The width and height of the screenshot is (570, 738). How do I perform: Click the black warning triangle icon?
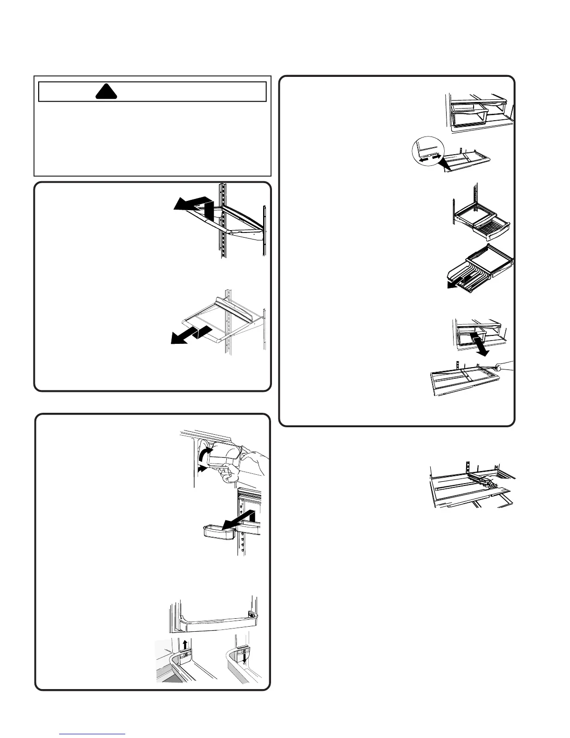point(105,92)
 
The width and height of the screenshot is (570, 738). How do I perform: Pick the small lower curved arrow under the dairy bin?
point(201,471)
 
